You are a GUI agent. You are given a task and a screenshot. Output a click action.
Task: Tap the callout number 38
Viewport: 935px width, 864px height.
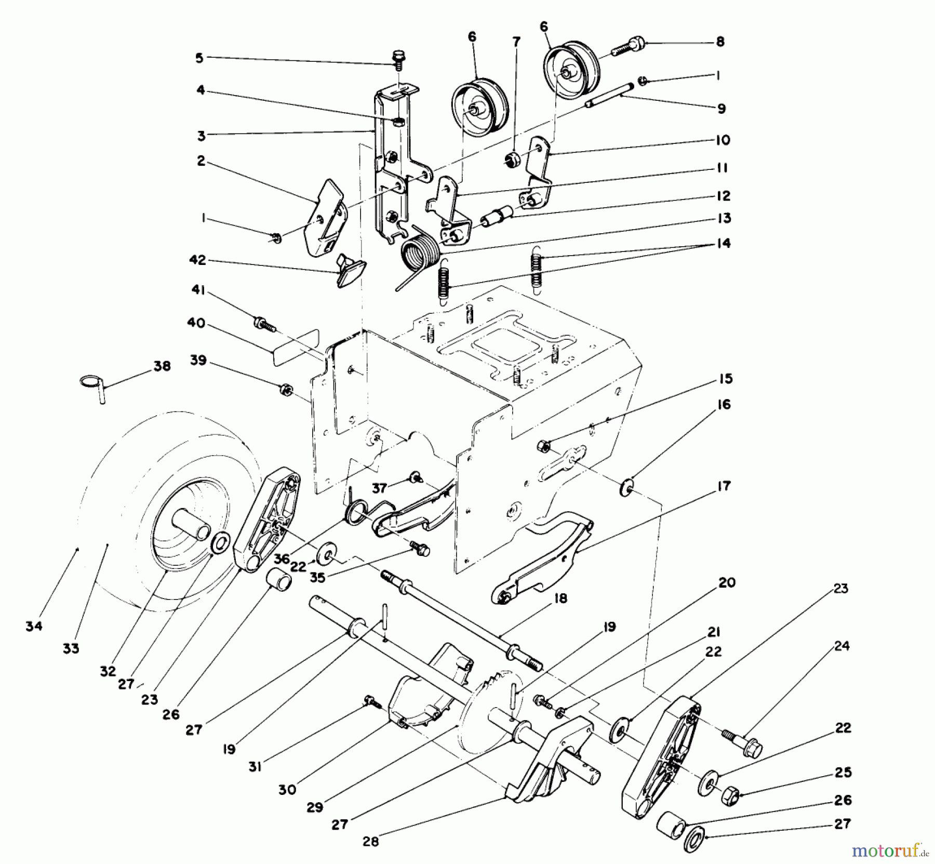click(162, 366)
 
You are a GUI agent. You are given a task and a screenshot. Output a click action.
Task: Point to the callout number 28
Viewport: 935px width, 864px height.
click(371, 841)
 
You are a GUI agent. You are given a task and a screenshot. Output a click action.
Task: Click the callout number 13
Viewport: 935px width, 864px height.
click(723, 218)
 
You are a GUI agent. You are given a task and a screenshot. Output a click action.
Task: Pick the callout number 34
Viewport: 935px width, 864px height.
click(34, 627)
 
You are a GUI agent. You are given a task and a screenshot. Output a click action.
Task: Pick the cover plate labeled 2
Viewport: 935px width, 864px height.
click(326, 218)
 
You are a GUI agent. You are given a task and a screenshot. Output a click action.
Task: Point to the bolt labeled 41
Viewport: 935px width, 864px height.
click(264, 324)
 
